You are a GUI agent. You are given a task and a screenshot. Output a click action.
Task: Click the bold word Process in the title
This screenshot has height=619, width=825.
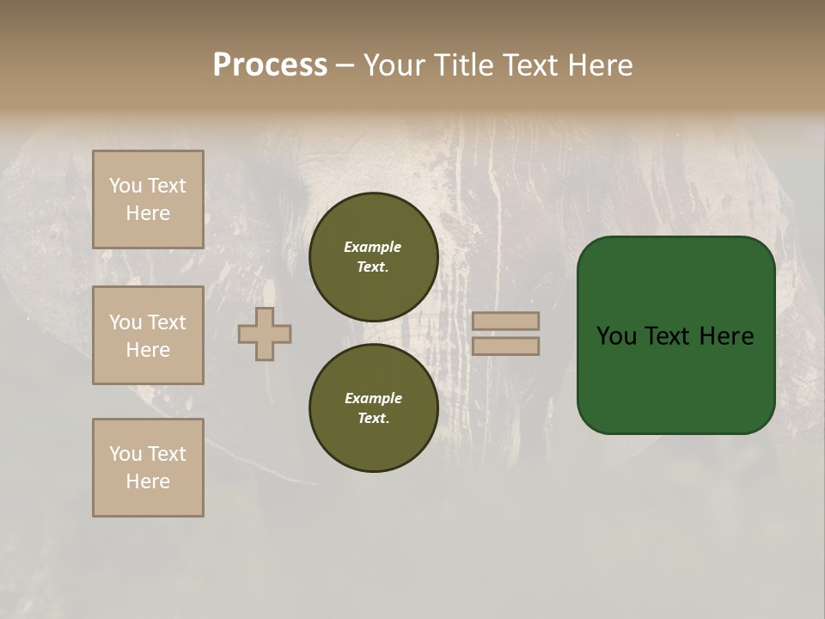[x=270, y=65]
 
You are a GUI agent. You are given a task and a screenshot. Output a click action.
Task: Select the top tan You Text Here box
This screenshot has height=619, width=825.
[x=148, y=199]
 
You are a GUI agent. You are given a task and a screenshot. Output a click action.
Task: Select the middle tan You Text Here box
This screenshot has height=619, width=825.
[x=148, y=335]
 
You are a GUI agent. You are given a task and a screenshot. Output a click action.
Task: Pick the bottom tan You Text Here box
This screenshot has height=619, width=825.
[x=148, y=468]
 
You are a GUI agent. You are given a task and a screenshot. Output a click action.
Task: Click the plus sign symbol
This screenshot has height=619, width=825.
[x=265, y=334]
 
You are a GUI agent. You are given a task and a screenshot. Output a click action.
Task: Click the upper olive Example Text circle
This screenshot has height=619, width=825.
[x=373, y=257]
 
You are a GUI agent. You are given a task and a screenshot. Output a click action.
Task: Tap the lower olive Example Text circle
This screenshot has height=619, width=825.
[x=373, y=408]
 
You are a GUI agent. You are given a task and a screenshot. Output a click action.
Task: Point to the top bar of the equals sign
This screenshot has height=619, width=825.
[x=505, y=321]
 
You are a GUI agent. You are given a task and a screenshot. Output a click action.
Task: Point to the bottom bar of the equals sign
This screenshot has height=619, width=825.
[x=505, y=346]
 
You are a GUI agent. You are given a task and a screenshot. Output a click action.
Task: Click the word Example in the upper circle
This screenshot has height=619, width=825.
[x=373, y=248]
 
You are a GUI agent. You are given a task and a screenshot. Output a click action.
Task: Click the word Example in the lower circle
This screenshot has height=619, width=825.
[x=373, y=399]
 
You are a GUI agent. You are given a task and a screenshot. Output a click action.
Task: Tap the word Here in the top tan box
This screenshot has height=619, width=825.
[x=148, y=213]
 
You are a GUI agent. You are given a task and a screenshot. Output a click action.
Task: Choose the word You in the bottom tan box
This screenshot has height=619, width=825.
[x=125, y=454]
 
